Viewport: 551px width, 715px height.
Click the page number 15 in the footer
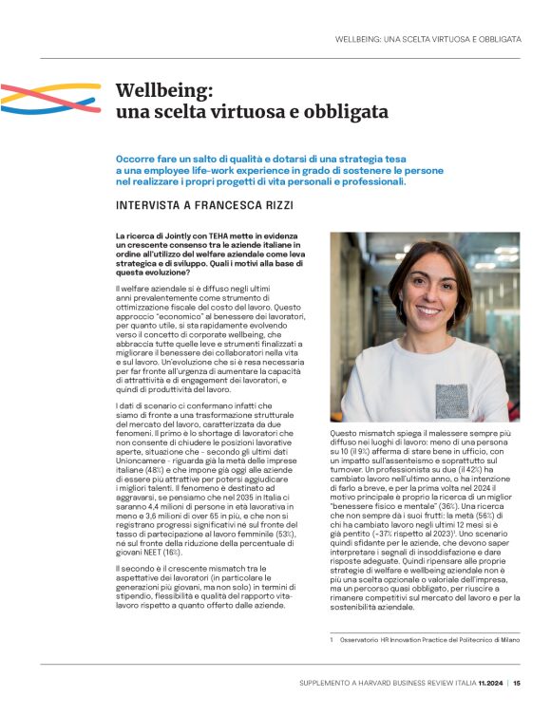tap(517, 682)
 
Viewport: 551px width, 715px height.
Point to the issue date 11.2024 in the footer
tap(487, 682)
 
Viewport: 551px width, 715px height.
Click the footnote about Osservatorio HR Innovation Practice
tap(424, 641)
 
